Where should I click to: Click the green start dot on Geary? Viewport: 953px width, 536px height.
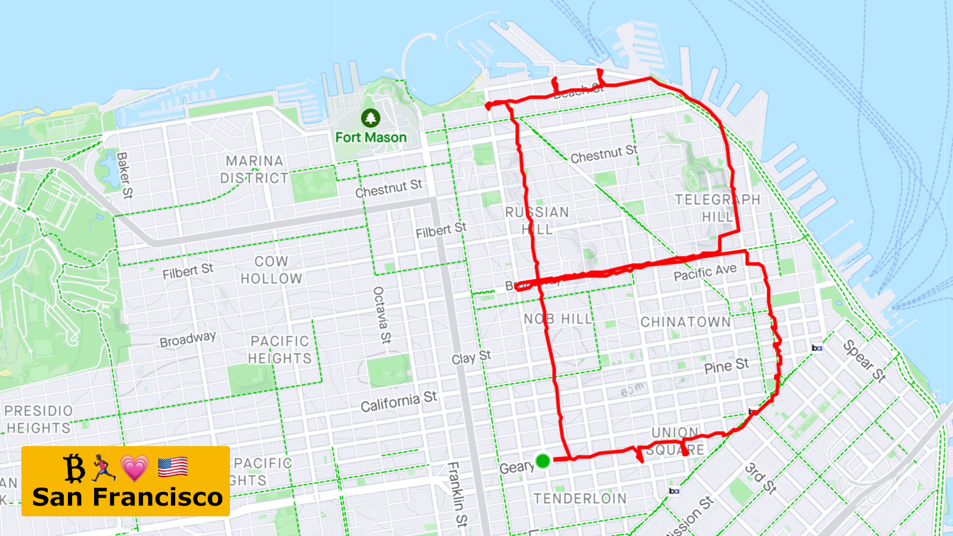pos(543,460)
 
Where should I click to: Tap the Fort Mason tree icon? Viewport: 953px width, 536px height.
pos(370,118)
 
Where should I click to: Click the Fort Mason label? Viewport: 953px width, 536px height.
pos(370,138)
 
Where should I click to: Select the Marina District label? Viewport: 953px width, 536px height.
pos(254,170)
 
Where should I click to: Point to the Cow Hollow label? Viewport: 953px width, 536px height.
pos(272,270)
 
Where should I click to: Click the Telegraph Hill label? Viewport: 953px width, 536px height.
pos(717,208)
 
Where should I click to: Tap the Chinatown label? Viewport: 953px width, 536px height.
pos(685,322)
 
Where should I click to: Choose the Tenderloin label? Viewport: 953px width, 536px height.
pos(580,498)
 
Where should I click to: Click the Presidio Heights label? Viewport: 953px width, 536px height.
pos(39,419)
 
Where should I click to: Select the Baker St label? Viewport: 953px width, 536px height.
pos(124,175)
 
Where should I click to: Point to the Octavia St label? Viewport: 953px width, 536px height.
pos(382,315)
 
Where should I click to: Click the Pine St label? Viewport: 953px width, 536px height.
pos(726,366)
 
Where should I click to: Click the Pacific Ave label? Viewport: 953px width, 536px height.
pos(705,273)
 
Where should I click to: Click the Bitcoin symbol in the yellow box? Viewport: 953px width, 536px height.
pos(74,468)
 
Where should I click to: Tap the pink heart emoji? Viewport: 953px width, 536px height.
pos(135,468)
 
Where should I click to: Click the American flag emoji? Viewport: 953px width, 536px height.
pos(173,468)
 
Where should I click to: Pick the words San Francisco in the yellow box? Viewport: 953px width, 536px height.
pos(127,497)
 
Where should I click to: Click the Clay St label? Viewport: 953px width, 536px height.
pos(471,358)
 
